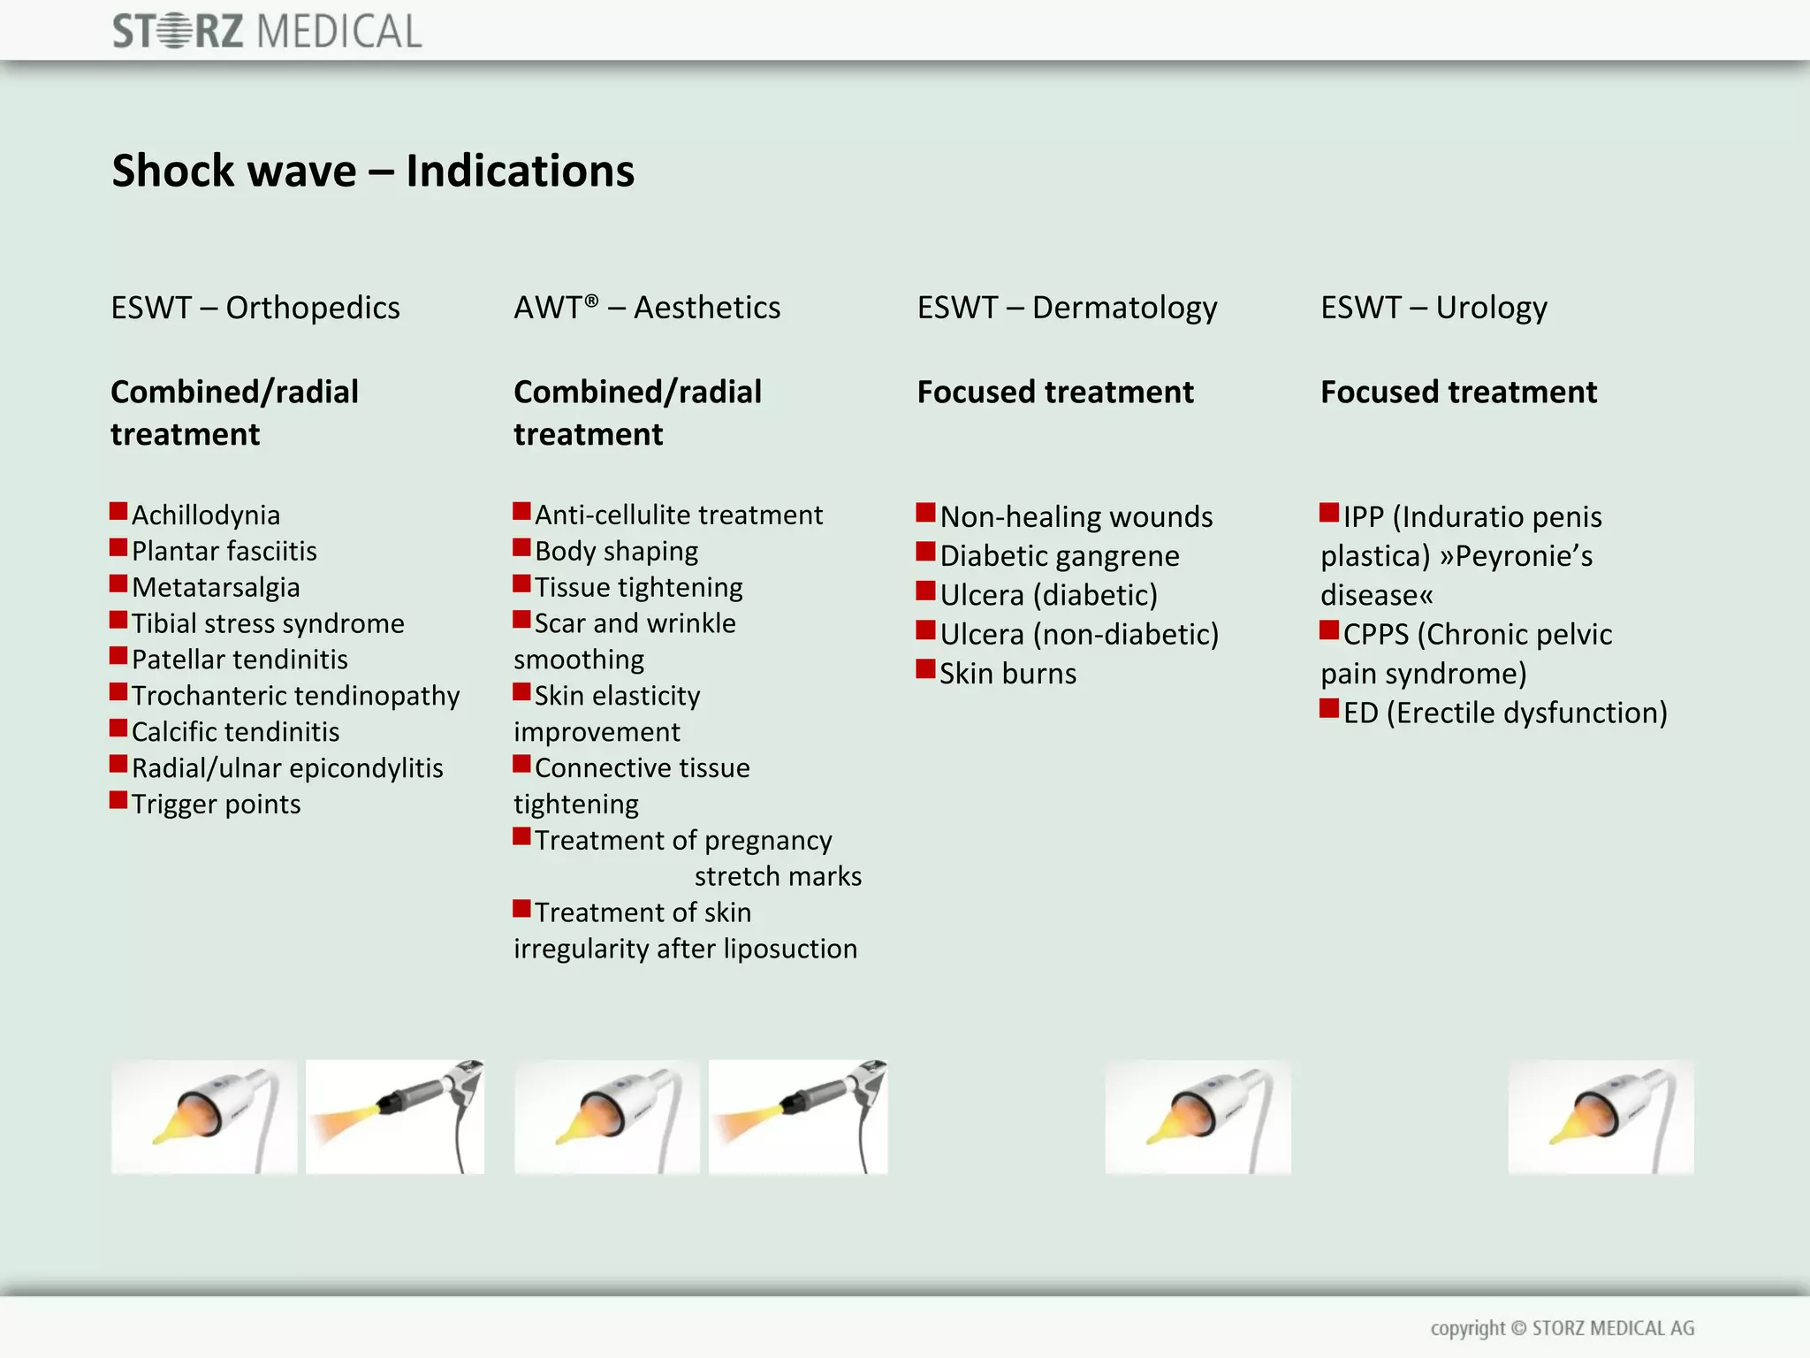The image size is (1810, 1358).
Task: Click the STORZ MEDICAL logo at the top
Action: click(x=267, y=32)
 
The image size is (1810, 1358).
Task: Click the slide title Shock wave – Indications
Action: click(x=373, y=171)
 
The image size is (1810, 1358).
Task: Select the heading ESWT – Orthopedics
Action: click(x=255, y=308)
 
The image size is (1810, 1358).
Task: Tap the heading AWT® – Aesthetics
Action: click(x=647, y=308)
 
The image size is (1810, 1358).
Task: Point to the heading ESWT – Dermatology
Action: click(x=1067, y=308)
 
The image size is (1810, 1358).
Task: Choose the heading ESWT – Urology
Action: click(x=1434, y=308)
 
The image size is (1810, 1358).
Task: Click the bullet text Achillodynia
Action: click(x=206, y=515)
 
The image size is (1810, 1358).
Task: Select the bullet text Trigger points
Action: click(x=217, y=804)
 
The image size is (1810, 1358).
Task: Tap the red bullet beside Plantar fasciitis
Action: click(x=118, y=547)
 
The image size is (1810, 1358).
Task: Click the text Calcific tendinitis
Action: click(x=235, y=731)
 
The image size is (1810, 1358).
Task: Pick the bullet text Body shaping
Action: click(x=616, y=551)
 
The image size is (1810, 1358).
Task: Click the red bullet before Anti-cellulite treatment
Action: click(x=521, y=511)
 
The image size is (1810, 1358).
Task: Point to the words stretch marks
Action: click(x=778, y=876)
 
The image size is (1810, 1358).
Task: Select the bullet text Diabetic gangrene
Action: click(x=1060, y=555)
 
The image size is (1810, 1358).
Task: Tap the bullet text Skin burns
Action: click(x=1008, y=674)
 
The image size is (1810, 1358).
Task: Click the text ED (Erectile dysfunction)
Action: click(x=1505, y=713)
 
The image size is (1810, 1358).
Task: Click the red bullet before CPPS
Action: click(x=1329, y=630)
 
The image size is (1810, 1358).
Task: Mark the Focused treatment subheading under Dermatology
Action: click(x=1055, y=392)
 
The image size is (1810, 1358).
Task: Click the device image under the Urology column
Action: click(x=1601, y=1117)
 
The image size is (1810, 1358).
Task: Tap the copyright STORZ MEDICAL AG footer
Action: click(x=1562, y=1328)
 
